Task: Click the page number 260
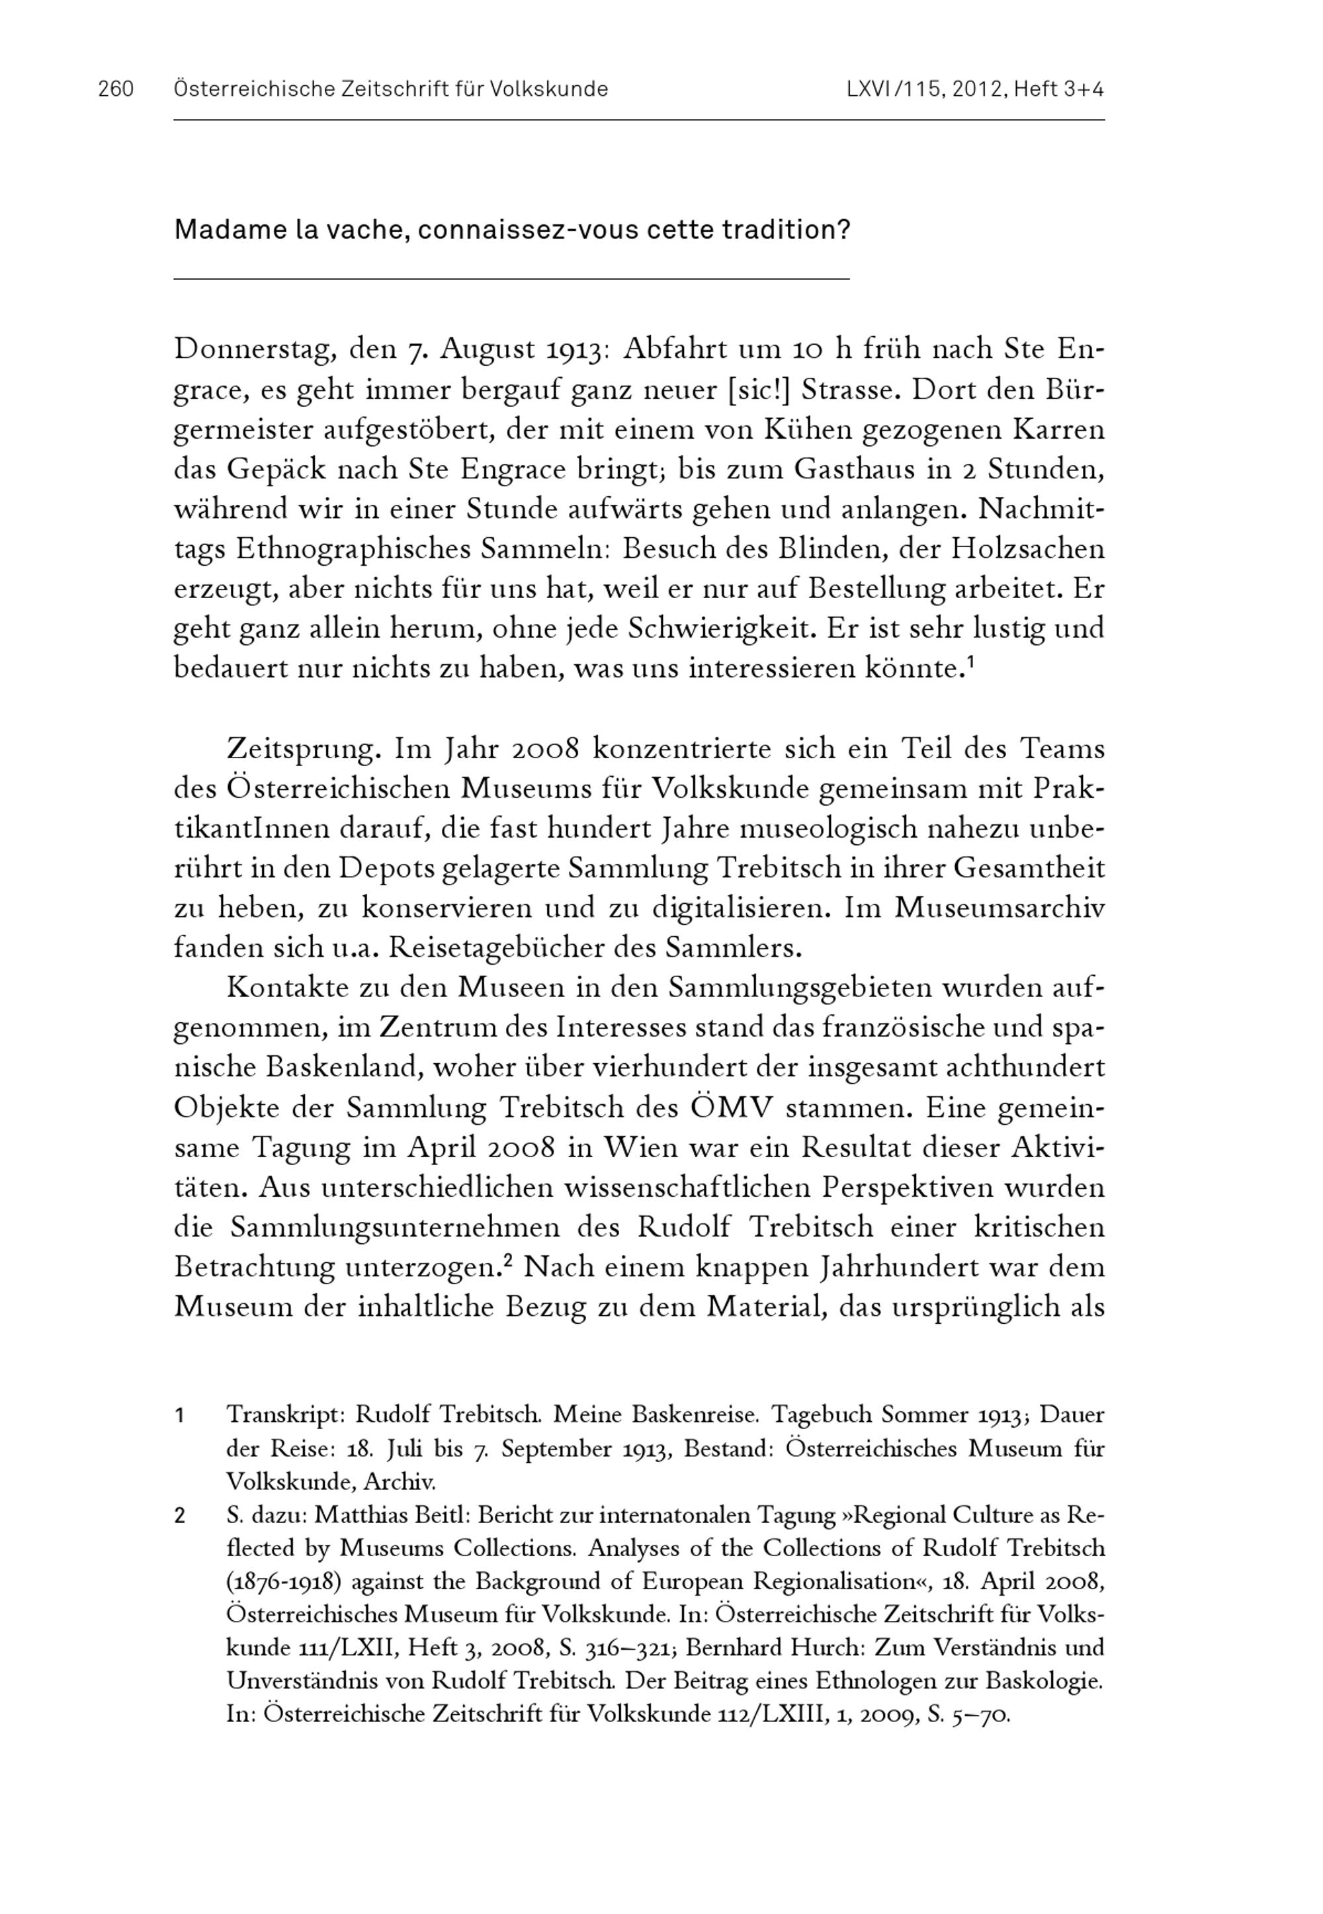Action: click(x=116, y=89)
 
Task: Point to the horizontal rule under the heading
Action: click(x=511, y=279)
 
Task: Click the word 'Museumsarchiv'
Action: click(x=1000, y=908)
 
